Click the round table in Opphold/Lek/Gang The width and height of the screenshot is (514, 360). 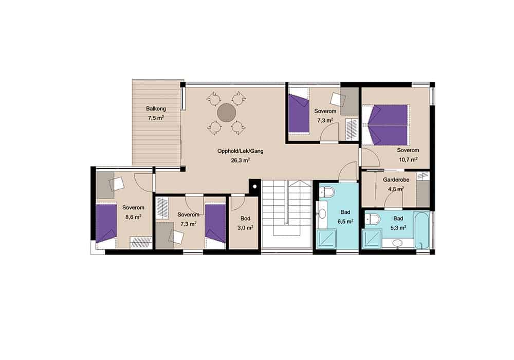click(x=227, y=113)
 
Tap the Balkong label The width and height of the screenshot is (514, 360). click(x=156, y=109)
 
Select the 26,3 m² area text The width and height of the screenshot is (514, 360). click(x=240, y=160)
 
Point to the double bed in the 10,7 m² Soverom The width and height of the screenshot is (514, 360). click(x=388, y=125)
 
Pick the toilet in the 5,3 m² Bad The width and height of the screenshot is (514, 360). click(x=373, y=218)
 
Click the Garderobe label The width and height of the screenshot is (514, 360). click(x=396, y=179)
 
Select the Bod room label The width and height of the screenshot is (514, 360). click(x=245, y=219)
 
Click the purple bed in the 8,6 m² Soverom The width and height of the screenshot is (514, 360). click(x=106, y=224)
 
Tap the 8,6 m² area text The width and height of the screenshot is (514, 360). click(x=133, y=217)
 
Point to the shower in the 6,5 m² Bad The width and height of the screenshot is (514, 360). click(x=326, y=239)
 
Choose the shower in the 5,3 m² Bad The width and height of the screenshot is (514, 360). click(x=372, y=239)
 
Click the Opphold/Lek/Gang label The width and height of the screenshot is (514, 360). click(x=240, y=151)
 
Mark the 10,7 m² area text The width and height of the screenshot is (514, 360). click(x=408, y=159)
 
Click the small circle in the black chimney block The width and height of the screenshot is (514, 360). click(x=254, y=187)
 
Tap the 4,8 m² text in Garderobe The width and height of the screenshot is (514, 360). click(x=396, y=189)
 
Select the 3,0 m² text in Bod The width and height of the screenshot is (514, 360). click(x=245, y=227)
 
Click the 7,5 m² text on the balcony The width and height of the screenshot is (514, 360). click(x=156, y=118)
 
